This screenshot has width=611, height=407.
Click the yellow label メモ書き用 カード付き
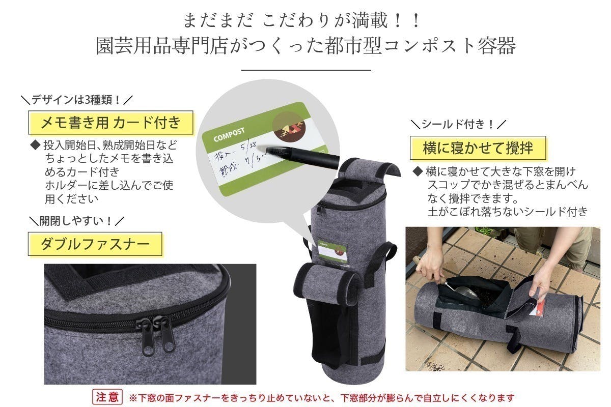click(x=109, y=123)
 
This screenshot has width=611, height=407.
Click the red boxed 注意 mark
click(x=107, y=397)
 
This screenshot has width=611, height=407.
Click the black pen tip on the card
click(x=268, y=150)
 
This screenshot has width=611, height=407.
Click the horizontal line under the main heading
click(x=305, y=71)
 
